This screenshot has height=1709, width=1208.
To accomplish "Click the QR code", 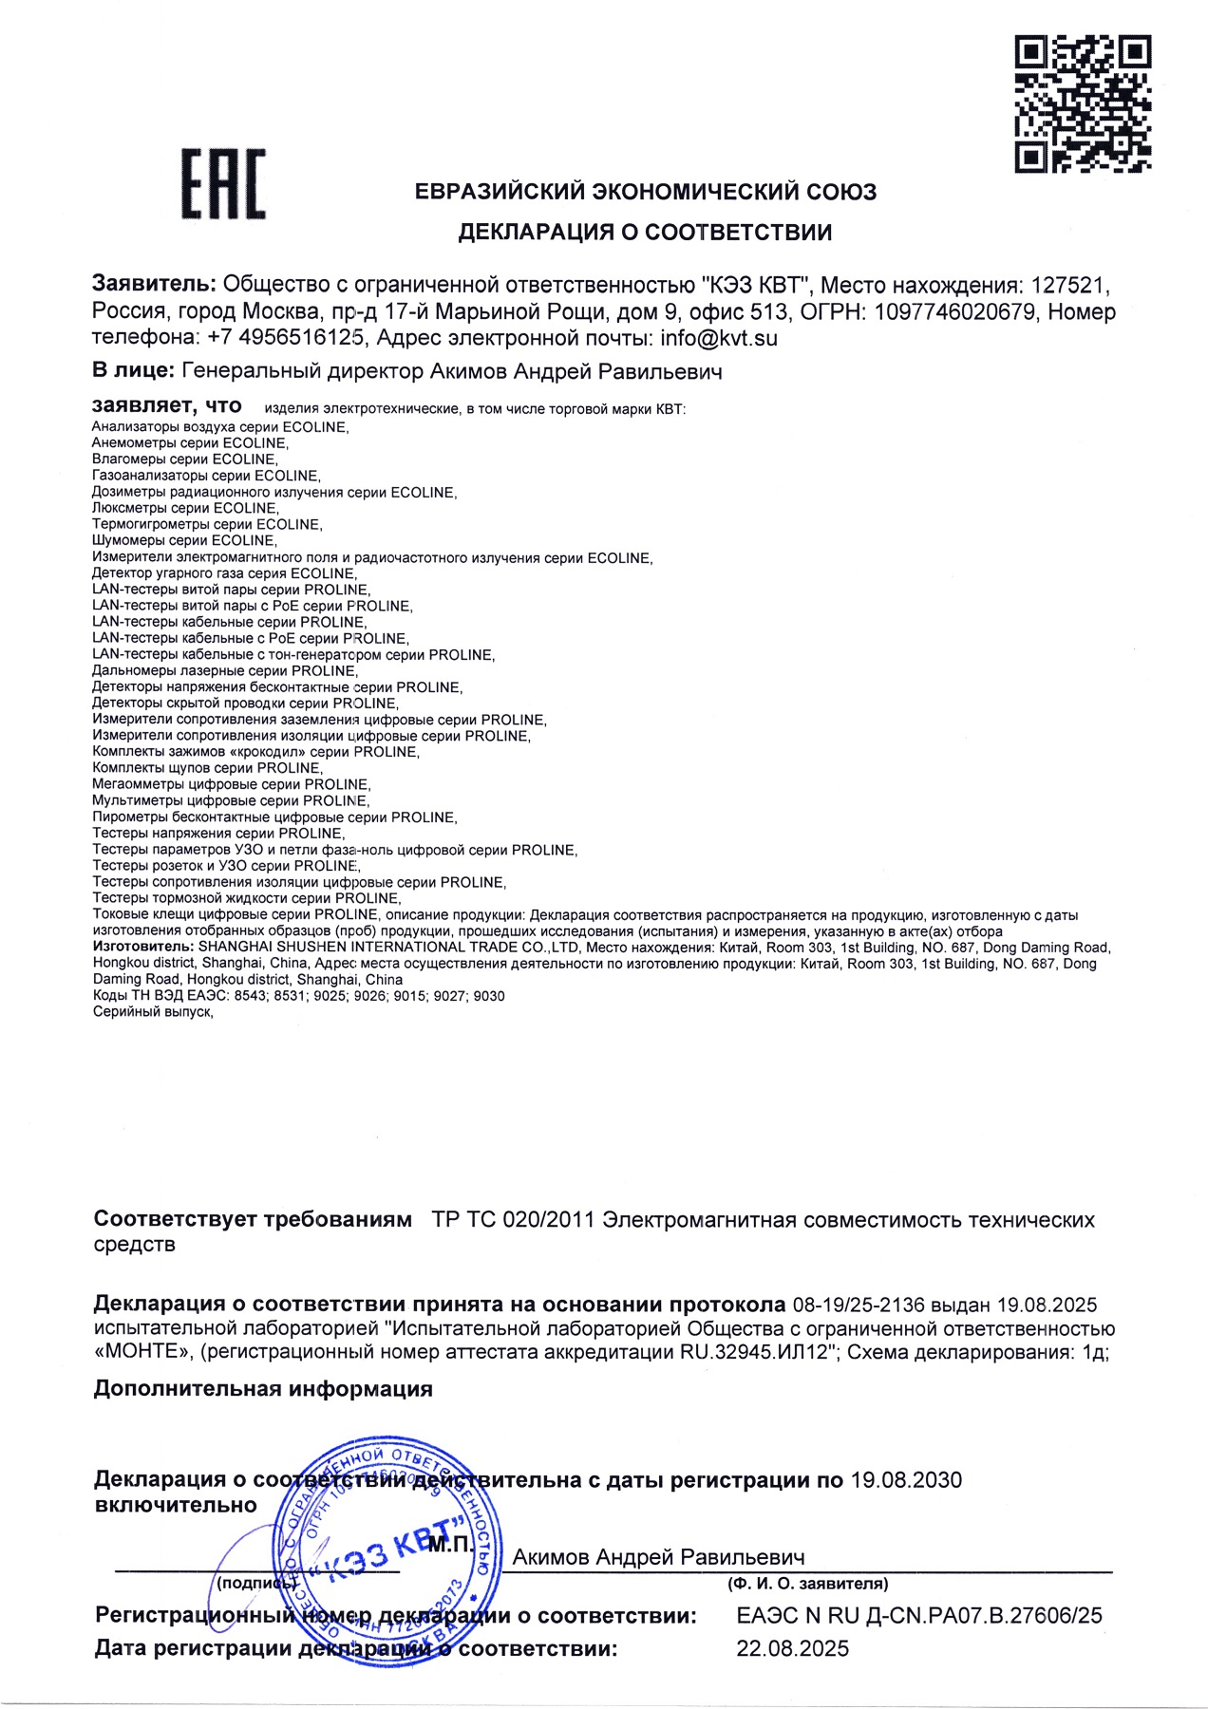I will [1083, 103].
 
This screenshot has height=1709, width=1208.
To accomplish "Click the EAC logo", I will [224, 184].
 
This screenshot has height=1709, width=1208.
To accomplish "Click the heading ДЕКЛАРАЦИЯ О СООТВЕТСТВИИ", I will [645, 232].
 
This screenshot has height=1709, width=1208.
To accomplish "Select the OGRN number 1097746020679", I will [955, 311].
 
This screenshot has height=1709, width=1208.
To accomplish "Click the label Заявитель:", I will [155, 284].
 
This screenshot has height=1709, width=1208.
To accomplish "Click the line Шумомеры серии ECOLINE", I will [184, 540].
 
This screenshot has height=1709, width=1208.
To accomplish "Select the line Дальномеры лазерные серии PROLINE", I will [224, 670].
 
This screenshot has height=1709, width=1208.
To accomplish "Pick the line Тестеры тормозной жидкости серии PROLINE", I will [246, 897].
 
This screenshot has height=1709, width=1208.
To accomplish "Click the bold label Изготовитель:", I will [143, 947].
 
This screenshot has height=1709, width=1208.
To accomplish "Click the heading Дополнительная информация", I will [263, 1389].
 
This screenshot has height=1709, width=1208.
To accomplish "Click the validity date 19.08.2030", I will [906, 1480].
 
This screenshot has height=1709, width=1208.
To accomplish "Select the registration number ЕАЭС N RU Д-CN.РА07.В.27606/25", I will [919, 1615].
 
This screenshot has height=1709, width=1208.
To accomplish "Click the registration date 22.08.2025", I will [793, 1648].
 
